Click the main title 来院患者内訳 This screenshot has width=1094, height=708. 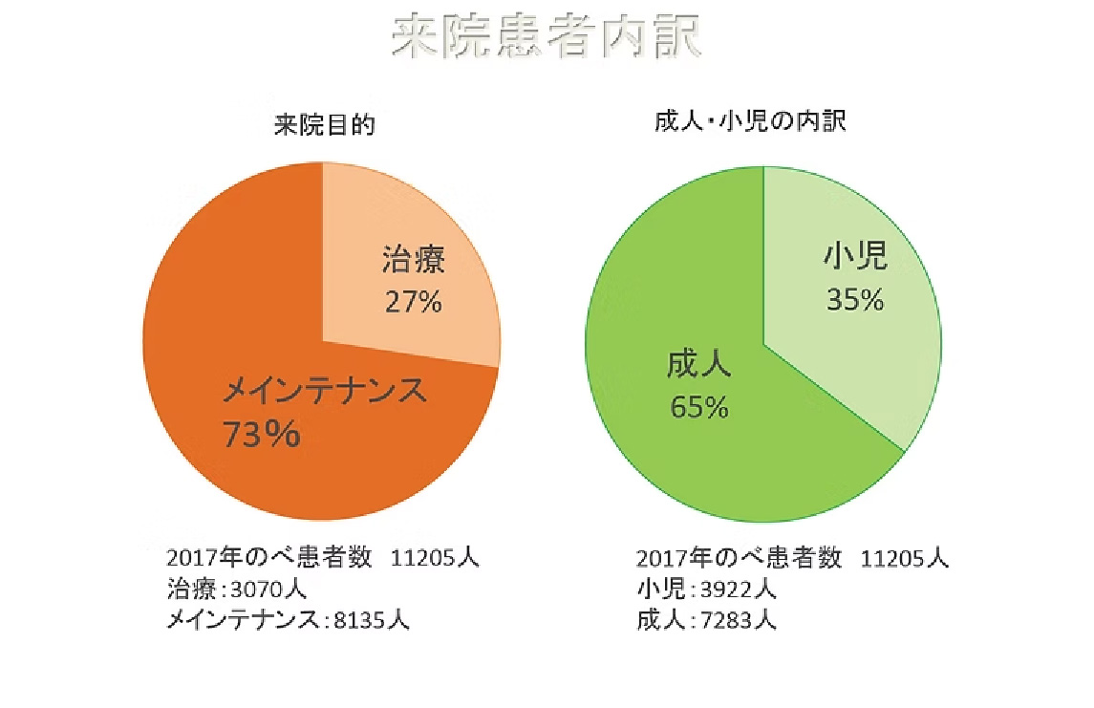[x=547, y=38]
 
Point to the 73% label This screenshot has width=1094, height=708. [x=261, y=435]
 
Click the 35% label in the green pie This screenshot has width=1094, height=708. [x=854, y=299]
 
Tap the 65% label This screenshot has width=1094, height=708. [x=699, y=407]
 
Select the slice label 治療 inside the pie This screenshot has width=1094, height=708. [x=414, y=261]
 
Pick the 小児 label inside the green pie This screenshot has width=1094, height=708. [x=855, y=256]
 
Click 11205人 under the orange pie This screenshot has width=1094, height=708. [x=435, y=558]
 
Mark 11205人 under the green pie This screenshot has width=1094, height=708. [x=904, y=558]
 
